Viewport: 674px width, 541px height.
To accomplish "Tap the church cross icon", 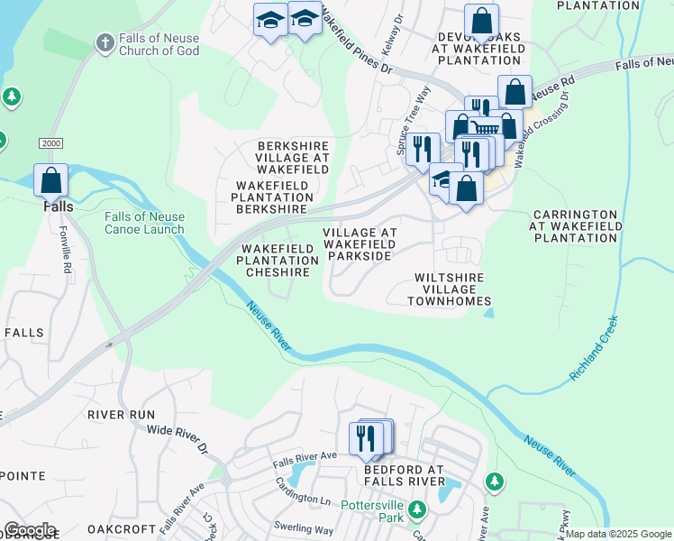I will pyautogui.click(x=105, y=42).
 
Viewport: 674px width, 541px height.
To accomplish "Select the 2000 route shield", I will pyautogui.click(x=50, y=144).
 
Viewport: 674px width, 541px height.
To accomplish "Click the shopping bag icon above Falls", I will pyautogui.click(x=51, y=179).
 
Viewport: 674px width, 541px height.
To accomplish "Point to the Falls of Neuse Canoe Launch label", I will pyautogui.click(x=144, y=223).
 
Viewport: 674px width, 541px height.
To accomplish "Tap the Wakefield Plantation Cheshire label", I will pyautogui.click(x=278, y=261).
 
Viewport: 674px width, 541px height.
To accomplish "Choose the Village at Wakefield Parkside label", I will pyautogui.click(x=360, y=244).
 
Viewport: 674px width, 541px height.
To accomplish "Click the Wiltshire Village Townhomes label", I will pyautogui.click(x=449, y=289).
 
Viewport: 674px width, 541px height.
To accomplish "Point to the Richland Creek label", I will pyautogui.click(x=595, y=347).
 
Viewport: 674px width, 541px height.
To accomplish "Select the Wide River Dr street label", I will pyautogui.click(x=177, y=439).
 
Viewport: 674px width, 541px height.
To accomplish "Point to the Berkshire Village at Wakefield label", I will pyautogui.click(x=293, y=151).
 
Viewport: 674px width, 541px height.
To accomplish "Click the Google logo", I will pyautogui.click(x=30, y=530).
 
